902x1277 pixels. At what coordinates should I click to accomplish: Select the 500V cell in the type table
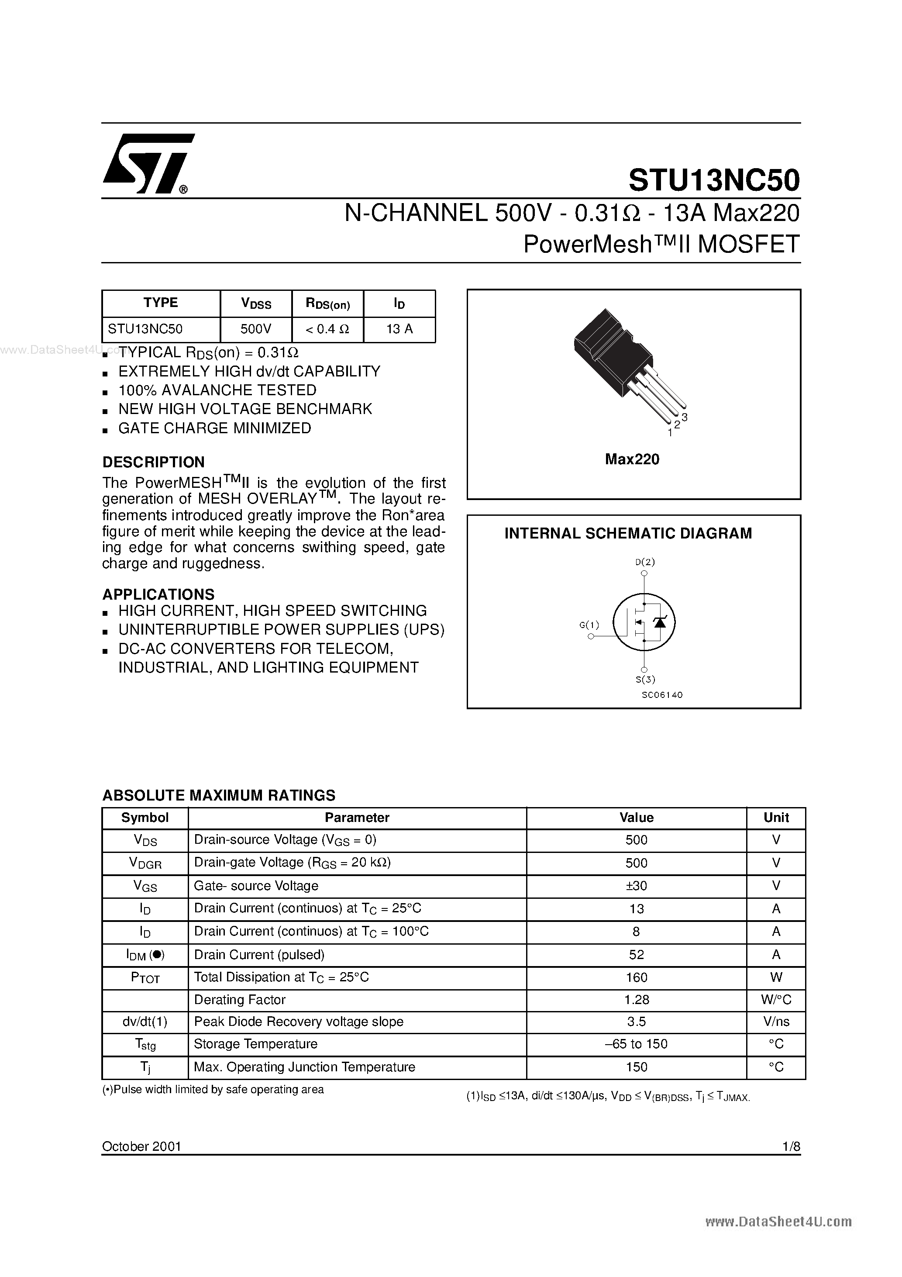[256, 329]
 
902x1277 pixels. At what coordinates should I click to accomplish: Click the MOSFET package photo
[623, 362]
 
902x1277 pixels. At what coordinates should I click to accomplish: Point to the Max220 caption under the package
[632, 459]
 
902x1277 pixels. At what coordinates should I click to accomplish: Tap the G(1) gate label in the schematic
[589, 625]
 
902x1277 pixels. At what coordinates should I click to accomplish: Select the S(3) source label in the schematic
[645, 679]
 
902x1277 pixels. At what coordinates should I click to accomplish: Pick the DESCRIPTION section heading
[154, 462]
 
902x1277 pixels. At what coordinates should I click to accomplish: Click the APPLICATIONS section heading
[158, 594]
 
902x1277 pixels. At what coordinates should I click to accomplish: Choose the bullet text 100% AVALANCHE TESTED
[217, 390]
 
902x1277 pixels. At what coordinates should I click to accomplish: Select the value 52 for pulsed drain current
[636, 954]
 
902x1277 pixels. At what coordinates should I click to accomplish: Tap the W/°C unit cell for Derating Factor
[776, 1000]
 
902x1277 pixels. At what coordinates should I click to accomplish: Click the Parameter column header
[357, 818]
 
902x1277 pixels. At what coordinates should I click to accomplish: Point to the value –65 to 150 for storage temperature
[636, 1044]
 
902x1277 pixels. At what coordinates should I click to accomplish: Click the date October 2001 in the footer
[142, 1146]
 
